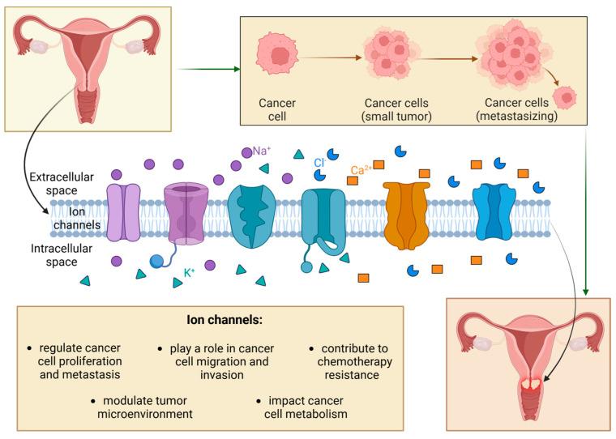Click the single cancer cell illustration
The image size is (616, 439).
[279, 58]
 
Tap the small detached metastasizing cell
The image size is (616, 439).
[569, 98]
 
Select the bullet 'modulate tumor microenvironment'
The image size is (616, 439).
[139, 407]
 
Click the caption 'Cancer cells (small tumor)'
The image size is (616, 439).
[397, 109]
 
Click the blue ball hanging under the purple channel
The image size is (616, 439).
[157, 260]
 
